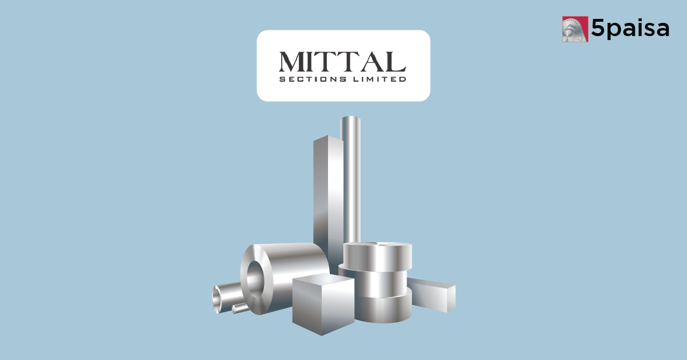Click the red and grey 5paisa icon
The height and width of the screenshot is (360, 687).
[575, 29]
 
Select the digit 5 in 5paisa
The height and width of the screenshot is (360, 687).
[599, 28]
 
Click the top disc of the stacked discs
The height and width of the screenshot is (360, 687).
[377, 255]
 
